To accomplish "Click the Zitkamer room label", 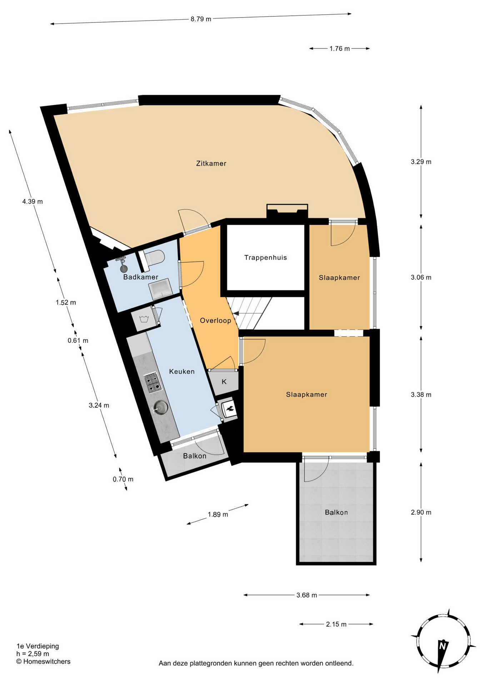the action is click(211, 164).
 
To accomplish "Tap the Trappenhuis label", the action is click(265, 258).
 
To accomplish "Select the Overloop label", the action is click(215, 320).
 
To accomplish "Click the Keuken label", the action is click(182, 372).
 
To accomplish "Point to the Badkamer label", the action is click(141, 277).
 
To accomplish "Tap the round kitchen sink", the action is click(161, 407).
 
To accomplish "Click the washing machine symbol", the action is click(144, 319).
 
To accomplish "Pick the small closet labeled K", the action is click(224, 382).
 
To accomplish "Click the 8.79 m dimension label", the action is click(201, 19).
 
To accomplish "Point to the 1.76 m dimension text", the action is click(340, 49).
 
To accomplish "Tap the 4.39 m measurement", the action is click(32, 202).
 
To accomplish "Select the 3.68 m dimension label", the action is click(307, 595).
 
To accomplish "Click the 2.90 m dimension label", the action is click(421, 512).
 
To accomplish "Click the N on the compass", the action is click(443, 646).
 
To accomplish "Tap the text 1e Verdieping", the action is click(38, 646).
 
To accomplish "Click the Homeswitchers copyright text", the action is click(43, 662).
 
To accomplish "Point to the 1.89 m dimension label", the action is click(218, 515).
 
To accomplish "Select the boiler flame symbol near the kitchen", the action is click(229, 409).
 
